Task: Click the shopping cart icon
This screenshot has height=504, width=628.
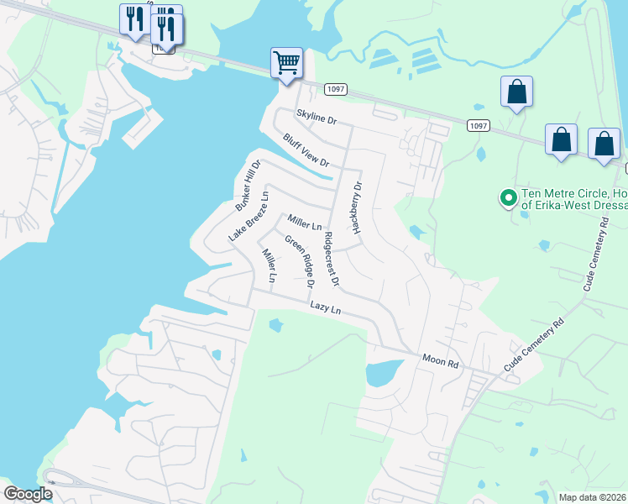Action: point(287,63)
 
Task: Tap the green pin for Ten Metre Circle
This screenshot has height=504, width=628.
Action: point(507,198)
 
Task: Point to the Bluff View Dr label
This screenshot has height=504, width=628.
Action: point(306,150)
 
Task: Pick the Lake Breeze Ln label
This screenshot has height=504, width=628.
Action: point(249,218)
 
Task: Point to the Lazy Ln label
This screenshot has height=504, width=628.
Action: point(325,309)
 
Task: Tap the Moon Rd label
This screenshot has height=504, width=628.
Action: point(442,360)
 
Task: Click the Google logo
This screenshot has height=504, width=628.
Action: point(28,493)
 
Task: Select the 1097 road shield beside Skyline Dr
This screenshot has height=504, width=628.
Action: point(334,87)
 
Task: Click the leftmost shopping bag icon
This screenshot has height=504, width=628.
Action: point(516,92)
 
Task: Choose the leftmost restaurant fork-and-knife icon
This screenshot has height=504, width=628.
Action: point(133,18)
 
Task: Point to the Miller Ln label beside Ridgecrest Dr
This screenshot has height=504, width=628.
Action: point(305,223)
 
